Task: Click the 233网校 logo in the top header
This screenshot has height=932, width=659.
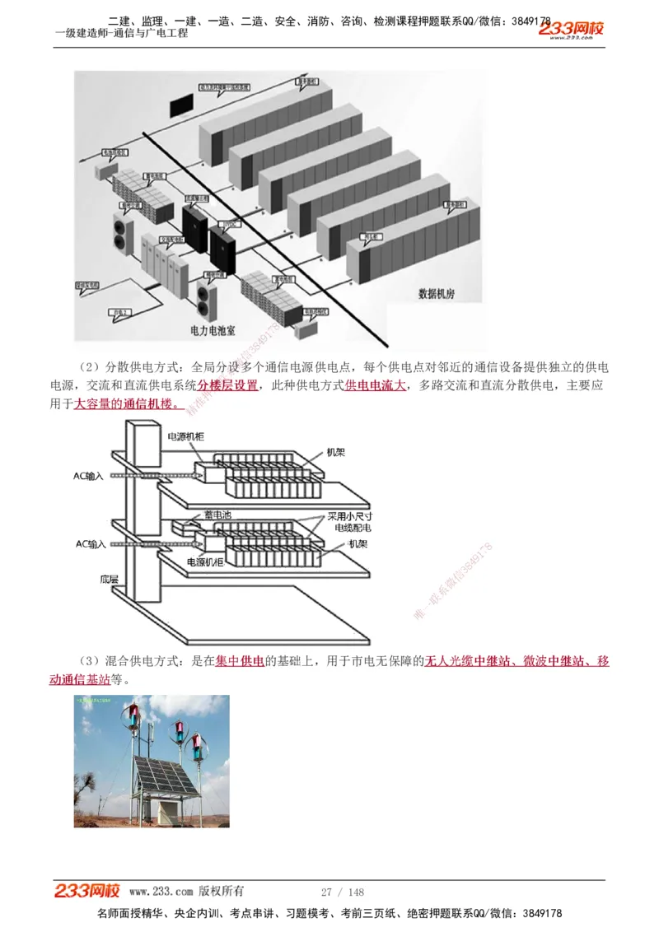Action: pyautogui.click(x=572, y=29)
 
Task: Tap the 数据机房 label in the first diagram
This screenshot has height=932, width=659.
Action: pyautogui.click(x=442, y=292)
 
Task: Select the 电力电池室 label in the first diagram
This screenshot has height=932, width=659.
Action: pyautogui.click(x=213, y=330)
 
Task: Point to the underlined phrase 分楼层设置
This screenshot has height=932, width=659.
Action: pyautogui.click(x=227, y=385)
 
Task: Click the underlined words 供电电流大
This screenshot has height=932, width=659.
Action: pyautogui.click(x=375, y=385)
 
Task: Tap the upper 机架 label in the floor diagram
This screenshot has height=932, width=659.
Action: pyautogui.click(x=335, y=452)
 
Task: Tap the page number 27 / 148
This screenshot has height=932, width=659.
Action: pyautogui.click(x=342, y=892)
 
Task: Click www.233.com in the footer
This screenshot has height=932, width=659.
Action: pyautogui.click(x=161, y=891)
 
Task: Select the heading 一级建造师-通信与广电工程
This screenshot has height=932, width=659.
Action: pyautogui.click(x=121, y=33)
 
